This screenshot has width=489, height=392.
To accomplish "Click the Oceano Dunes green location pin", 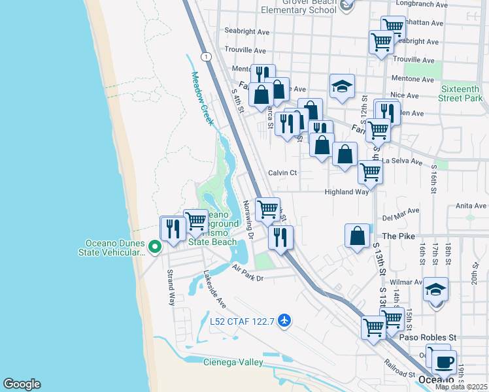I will click(155, 246).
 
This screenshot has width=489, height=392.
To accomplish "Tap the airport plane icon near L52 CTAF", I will click(284, 321).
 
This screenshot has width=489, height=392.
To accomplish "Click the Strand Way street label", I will click(171, 287).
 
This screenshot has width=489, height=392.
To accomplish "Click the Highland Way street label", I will click(346, 192).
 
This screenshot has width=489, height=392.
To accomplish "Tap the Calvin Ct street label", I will click(282, 173).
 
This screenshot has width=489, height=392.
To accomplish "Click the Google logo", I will click(22, 384).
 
